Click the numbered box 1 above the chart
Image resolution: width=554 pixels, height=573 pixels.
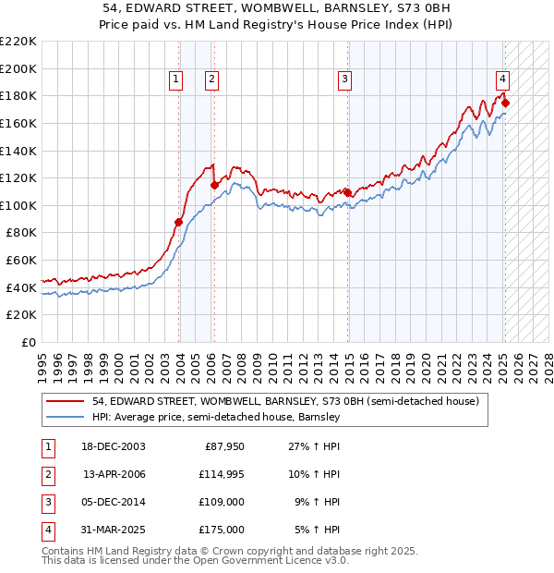point(175,80)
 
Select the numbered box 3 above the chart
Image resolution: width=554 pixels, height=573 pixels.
point(344,80)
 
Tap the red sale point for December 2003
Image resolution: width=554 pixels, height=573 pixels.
point(179,222)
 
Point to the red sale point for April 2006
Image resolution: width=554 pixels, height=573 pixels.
point(214,185)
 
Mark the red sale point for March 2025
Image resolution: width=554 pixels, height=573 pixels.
point(506,103)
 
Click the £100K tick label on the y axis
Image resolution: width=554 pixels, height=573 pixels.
point(19,205)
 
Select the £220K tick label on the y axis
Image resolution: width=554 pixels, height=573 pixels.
point(19,42)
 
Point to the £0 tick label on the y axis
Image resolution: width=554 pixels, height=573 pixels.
point(30,342)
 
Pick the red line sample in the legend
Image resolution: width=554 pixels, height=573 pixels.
point(65,402)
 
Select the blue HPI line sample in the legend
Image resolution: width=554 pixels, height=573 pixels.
point(65,418)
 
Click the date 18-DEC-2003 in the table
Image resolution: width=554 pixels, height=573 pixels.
point(113,446)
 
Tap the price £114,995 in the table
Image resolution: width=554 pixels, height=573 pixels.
point(219,474)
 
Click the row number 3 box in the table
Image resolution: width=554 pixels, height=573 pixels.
point(47,502)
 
